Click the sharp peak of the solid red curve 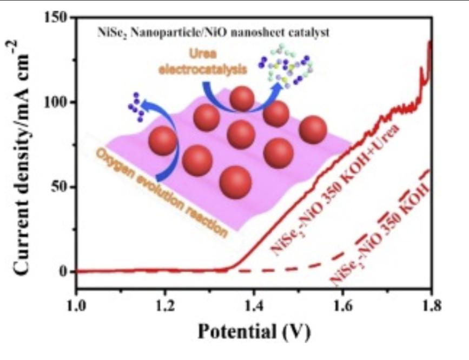tap(430, 43)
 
